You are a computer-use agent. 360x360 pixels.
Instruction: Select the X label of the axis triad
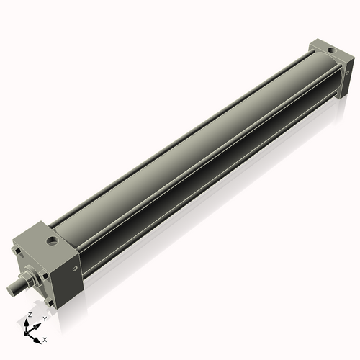click(45, 338)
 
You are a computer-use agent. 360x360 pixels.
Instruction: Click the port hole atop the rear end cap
click(330, 51)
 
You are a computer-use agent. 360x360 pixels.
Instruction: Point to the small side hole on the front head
click(75, 269)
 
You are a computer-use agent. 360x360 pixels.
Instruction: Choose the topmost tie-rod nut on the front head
click(17, 250)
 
